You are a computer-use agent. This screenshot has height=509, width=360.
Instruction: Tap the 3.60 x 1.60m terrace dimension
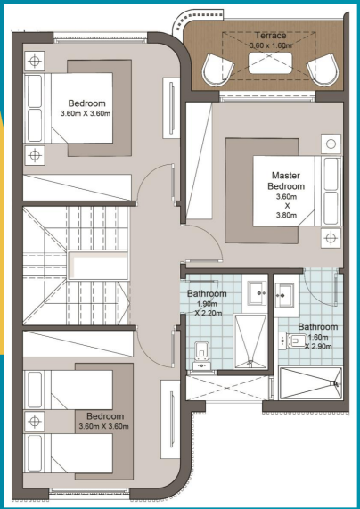pyautogui.click(x=270, y=45)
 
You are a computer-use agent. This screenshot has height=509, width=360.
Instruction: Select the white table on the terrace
pyautogui.click(x=270, y=63)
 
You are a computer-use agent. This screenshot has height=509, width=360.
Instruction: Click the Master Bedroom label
pyautogui.click(x=288, y=181)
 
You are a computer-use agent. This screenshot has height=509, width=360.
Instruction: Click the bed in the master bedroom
pyautogui.click(x=297, y=191)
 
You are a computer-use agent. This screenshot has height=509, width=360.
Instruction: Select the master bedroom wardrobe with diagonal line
pyautogui.click(x=200, y=160)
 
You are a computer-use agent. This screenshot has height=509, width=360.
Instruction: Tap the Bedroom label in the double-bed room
pyautogui.click(x=87, y=103)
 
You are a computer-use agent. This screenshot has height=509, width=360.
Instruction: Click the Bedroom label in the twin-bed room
pyautogui.click(x=105, y=416)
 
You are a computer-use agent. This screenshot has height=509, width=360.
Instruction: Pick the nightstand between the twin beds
pyautogui.click(x=34, y=422)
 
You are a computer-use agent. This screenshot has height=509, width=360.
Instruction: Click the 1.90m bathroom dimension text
pyautogui.click(x=207, y=304)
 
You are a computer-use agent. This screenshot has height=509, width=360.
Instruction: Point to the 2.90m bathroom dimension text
pyautogui.click(x=318, y=347)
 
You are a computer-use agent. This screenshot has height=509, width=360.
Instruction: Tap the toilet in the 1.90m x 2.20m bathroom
pyautogui.click(x=202, y=356)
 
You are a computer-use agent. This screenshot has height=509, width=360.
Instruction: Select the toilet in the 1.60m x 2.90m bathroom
pyautogui.click(x=293, y=341)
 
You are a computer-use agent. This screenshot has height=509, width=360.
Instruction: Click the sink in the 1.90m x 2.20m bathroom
pyautogui.click(x=258, y=293)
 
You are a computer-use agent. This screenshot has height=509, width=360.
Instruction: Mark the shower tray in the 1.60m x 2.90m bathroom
pyautogui.click(x=311, y=383)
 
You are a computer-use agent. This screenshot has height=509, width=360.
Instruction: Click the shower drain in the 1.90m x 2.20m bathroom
pyautogui.click(x=250, y=363)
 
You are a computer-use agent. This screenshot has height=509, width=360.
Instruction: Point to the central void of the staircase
pyautogui.click(x=98, y=265)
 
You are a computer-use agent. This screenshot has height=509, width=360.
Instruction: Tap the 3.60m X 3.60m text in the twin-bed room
pyautogui.click(x=103, y=426)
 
